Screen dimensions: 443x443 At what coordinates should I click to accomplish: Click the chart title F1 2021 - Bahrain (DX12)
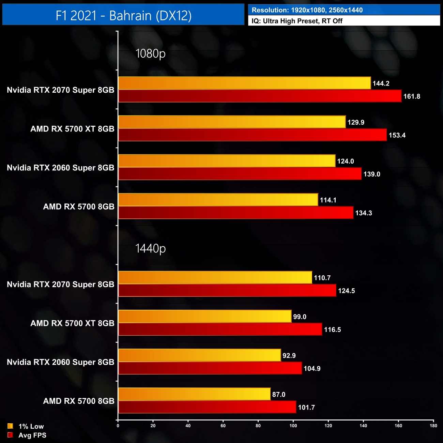pos(123,16)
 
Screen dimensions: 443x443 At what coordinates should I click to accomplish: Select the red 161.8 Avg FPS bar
pos(260,96)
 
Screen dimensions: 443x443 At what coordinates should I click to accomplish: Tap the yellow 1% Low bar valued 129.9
pos(232,122)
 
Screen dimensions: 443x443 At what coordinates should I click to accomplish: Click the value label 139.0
pos(371,174)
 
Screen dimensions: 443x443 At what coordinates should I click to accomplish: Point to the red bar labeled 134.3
pos(235,213)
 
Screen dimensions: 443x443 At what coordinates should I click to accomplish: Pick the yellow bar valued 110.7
pos(215,277)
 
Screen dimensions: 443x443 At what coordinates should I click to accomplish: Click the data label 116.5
pos(332,330)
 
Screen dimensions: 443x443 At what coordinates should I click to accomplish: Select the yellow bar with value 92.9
pos(199,355)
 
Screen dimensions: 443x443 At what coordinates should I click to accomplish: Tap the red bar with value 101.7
pos(207,407)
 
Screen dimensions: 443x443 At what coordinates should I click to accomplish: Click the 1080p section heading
pos(150,54)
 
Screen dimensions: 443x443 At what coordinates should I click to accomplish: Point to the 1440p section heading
pos(150,248)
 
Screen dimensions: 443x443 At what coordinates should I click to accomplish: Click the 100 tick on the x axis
pos(293,426)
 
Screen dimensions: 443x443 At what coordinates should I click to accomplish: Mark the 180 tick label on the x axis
pos(433,426)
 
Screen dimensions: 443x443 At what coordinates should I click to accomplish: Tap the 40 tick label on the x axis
pos(188,426)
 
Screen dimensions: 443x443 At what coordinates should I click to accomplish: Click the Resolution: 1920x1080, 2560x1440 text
pos(307,10)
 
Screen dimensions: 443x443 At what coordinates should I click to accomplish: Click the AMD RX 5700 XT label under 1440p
pos(72,323)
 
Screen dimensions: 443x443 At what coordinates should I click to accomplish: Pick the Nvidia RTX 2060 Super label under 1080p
pos(60,168)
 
